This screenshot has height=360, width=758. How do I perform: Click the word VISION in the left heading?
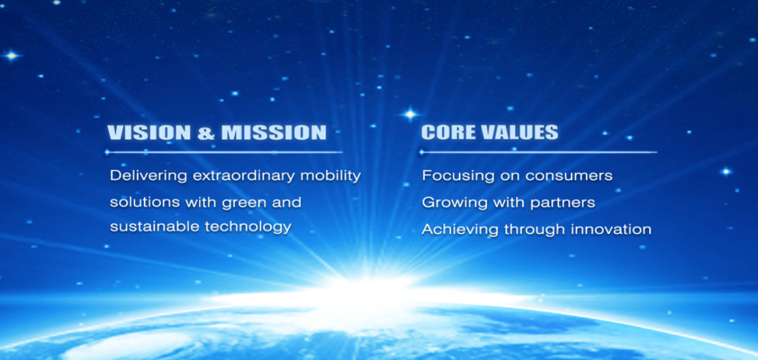pos(149,132)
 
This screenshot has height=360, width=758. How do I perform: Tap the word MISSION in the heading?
pos(274,132)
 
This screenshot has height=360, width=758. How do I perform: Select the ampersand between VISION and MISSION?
pos(206,132)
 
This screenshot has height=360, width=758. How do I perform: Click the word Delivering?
pos(149,176)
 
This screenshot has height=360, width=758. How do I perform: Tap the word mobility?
pos(330,176)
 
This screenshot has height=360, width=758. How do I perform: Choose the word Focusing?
pos(458,176)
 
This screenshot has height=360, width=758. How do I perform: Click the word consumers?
pos(569,176)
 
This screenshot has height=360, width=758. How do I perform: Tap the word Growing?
pos(455,203)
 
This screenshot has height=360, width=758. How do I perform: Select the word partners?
pos(562,203)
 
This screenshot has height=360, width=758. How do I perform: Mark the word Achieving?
pos(460,230)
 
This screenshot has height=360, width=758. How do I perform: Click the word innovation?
pos(611,229)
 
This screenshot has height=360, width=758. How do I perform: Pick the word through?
pos(535,230)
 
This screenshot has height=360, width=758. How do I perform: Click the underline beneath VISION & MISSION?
pos(224,152)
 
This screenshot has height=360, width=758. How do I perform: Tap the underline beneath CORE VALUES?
pos(538,152)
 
